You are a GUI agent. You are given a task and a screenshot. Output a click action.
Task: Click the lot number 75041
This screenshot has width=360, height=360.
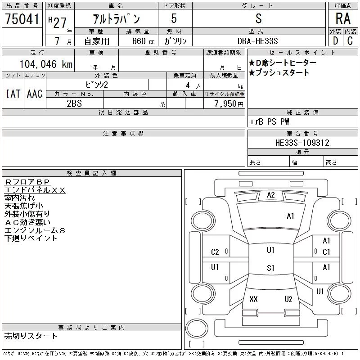click(x=22, y=19)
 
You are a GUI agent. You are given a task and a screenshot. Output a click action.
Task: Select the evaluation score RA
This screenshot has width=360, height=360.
click(x=343, y=18)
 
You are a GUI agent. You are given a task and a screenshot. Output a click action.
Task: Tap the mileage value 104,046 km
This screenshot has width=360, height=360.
click(x=46, y=64)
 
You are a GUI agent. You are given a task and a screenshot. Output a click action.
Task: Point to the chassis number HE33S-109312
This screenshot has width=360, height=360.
click(x=302, y=143)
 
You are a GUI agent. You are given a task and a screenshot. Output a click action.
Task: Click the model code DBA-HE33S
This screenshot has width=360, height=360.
click(x=257, y=41)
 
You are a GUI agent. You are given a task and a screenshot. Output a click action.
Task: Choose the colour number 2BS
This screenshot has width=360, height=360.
click(x=74, y=103)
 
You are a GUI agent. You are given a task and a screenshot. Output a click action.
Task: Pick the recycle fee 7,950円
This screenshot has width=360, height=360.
click(x=229, y=104)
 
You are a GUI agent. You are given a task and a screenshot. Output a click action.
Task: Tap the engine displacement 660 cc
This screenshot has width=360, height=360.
click(x=143, y=41)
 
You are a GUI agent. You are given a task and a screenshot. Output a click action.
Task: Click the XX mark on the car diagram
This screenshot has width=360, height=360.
click(x=253, y=299)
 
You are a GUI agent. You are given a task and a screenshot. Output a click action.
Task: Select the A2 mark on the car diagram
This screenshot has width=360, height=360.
click(x=271, y=195)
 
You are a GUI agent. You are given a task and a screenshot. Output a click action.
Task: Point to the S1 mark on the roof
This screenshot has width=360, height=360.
click(x=271, y=268)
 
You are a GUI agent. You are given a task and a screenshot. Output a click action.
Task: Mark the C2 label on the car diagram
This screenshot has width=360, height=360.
click(x=215, y=252)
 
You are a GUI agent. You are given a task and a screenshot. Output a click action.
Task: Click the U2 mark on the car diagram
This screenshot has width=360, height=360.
click(x=288, y=299)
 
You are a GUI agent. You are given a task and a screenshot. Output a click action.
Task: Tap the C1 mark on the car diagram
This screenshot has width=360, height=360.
click(x=326, y=252)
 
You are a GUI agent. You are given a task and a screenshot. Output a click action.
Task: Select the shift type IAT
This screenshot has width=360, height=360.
click(x=13, y=94)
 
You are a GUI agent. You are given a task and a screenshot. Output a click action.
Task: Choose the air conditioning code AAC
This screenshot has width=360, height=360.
click(x=35, y=94)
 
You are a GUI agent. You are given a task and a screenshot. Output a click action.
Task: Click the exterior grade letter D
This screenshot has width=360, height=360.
click(x=336, y=41)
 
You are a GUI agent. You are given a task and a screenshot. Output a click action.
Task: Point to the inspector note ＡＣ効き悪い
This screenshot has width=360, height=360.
click(x=27, y=222)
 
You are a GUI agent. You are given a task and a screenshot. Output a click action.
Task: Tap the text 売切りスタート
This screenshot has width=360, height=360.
click(x=31, y=336)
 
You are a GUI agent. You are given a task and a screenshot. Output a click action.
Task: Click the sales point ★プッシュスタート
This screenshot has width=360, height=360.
click(x=279, y=72)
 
